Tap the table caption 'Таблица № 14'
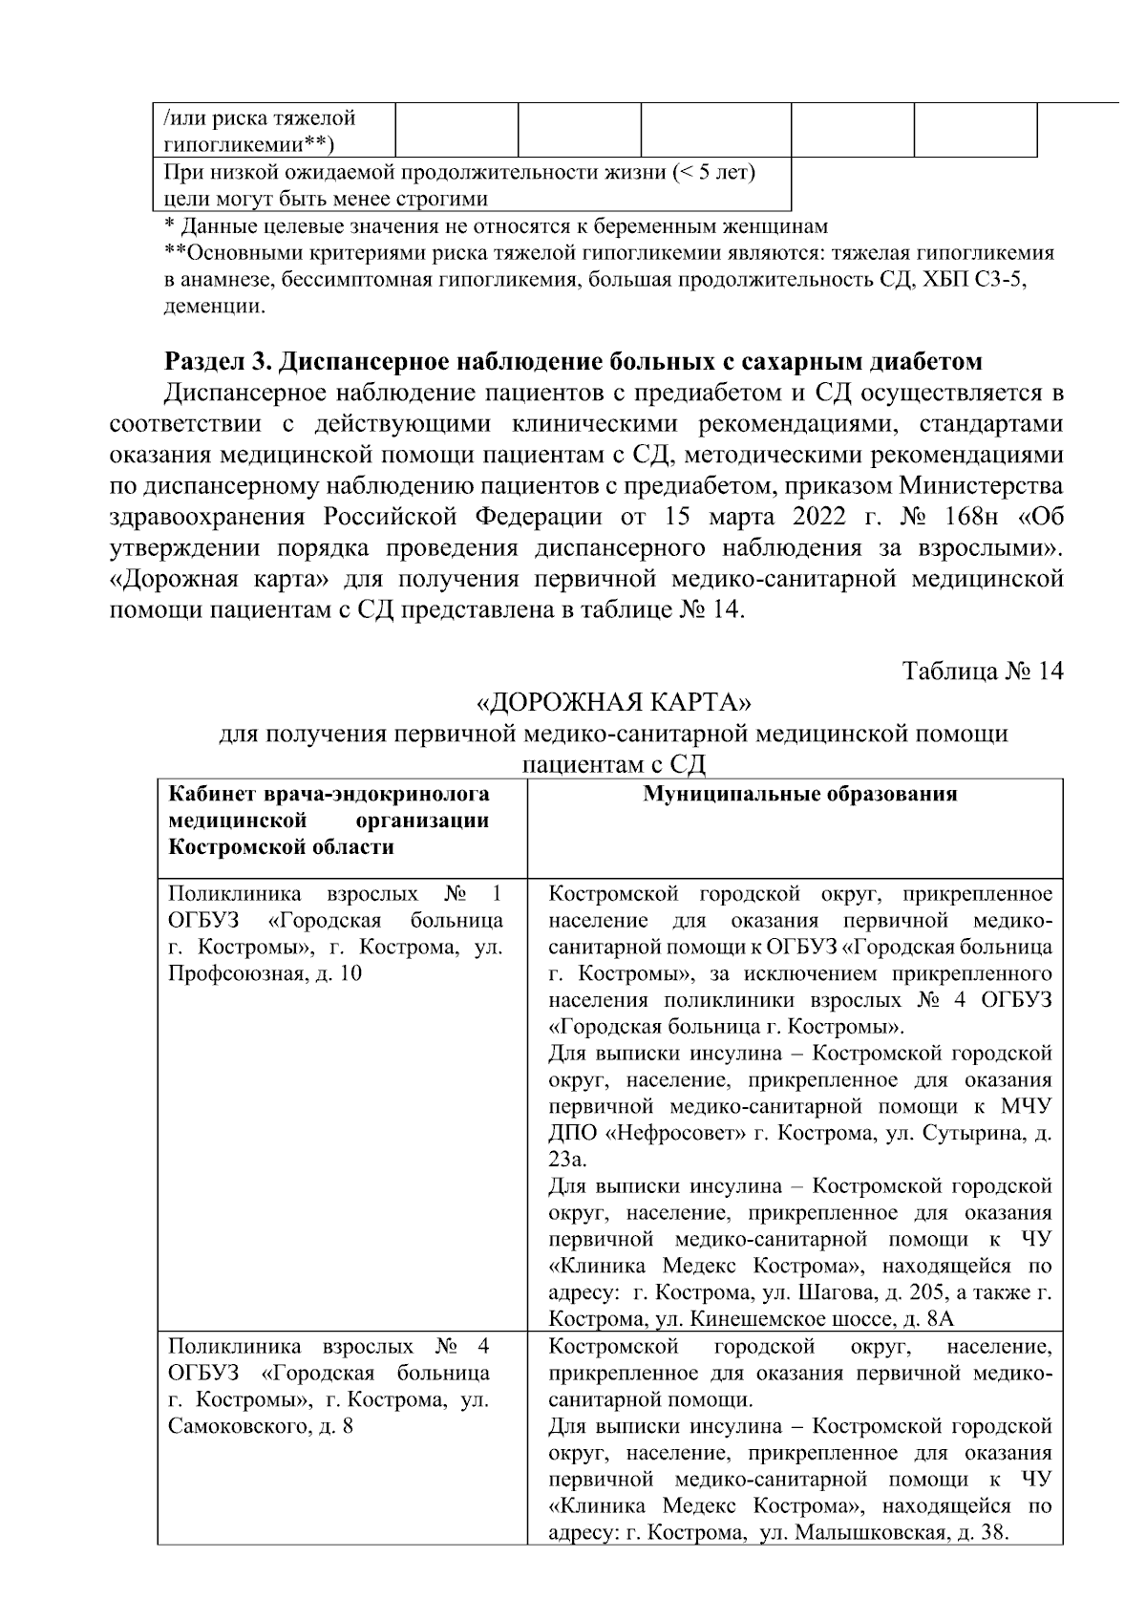983,671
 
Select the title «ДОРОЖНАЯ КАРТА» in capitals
615,703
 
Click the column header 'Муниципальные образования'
799,795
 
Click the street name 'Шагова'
813,1293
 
